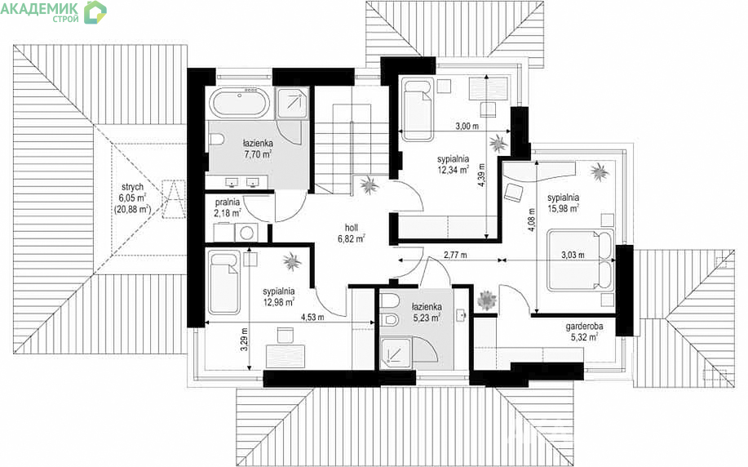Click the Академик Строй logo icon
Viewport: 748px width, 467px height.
pos(95,12)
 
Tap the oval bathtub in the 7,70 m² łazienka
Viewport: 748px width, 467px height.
pos(240,103)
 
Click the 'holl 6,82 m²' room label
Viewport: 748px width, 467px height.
pos(352,233)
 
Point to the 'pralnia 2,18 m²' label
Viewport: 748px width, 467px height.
pos(227,207)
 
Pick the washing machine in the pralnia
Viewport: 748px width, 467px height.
pos(246,233)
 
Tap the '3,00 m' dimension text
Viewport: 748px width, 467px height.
pos(467,127)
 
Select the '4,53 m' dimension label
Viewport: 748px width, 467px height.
pos(312,317)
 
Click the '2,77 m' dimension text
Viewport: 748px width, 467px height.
pos(455,255)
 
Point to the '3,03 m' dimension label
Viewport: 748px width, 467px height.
pos(573,255)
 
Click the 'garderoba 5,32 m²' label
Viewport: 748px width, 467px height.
pos(584,331)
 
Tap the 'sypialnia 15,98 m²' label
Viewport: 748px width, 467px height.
pos(564,202)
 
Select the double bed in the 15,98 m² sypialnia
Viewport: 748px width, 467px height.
pos(580,260)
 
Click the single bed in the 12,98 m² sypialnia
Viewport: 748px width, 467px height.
pos(224,283)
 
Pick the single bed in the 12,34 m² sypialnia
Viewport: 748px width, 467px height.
pos(417,109)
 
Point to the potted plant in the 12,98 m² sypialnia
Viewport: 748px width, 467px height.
pos(291,261)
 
